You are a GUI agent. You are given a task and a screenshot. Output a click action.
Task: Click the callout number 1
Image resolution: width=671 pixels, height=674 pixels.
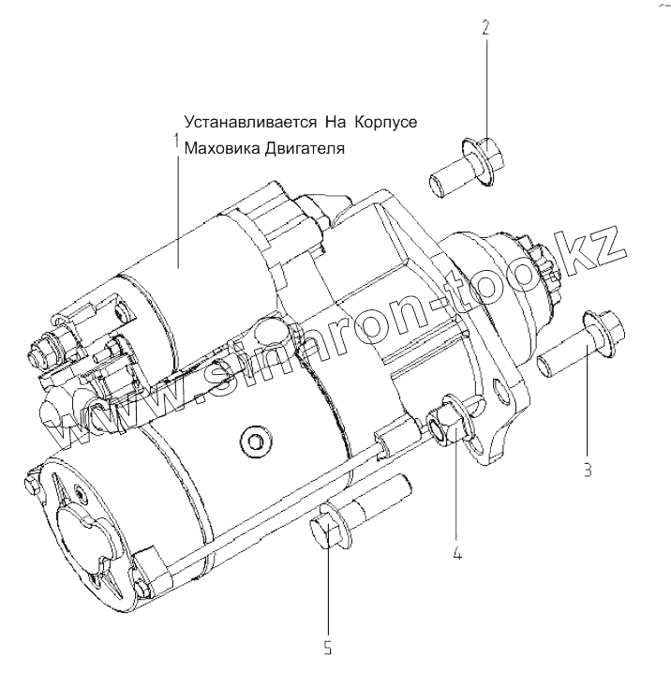tap(174, 142)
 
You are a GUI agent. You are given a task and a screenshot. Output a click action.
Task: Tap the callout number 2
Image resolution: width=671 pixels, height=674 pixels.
tap(485, 27)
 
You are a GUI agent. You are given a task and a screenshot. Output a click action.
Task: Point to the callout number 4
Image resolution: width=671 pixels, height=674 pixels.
tap(457, 553)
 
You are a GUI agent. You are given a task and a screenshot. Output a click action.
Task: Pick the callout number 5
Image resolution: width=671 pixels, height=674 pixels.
tap(329, 647)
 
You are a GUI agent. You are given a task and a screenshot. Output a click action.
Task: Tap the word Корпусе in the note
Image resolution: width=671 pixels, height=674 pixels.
tap(382, 123)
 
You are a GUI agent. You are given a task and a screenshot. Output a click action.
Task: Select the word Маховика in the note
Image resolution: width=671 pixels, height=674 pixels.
tap(218, 148)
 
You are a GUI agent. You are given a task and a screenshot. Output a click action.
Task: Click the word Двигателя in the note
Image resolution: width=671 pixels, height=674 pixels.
tap(301, 149)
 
